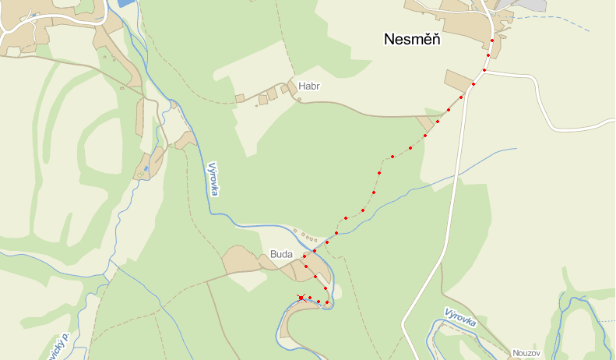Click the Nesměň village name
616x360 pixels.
click(412, 40)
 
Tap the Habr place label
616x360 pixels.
click(308, 86)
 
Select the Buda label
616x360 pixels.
click(280, 254)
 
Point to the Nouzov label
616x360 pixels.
click(526, 353)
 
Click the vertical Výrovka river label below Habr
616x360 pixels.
click(213, 178)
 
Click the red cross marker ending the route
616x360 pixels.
click(301, 298)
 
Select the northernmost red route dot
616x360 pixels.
click(492, 41)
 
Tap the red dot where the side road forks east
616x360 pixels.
click(484, 70)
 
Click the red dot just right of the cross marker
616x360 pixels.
click(309, 298)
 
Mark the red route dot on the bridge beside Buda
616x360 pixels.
click(315, 251)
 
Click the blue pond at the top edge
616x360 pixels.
click(125, 3)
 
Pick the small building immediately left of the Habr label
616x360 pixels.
click(285, 90)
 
